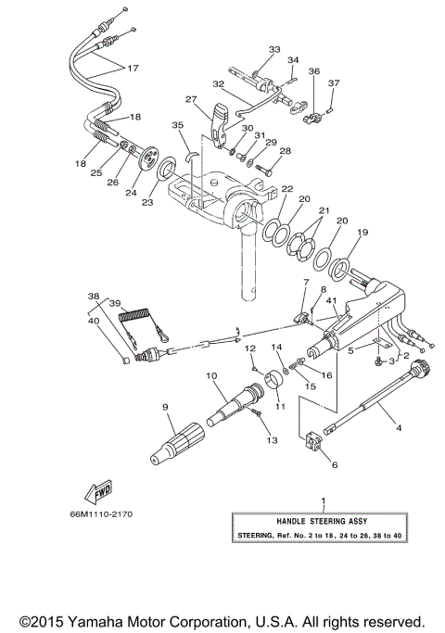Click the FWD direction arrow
tap(96, 488)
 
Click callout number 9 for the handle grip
tap(165, 407)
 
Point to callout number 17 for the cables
tap(133, 68)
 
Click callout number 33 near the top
tap(273, 48)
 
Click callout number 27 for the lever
tap(191, 100)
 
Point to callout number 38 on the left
tap(93, 297)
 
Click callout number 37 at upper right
tap(335, 82)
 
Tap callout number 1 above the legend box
tap(323, 501)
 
